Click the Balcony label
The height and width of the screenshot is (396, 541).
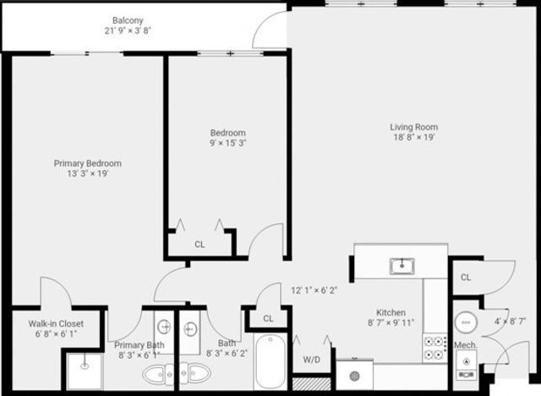pyautogui.click(x=130, y=20)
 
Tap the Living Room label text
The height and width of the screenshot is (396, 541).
pyautogui.click(x=413, y=127)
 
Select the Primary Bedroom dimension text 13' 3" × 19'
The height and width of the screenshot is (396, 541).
pyautogui.click(x=87, y=173)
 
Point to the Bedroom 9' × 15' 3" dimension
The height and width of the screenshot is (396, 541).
pyautogui.click(x=227, y=143)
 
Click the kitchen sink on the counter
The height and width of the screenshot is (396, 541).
pyautogui.click(x=402, y=267)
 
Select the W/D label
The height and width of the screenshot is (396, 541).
pyautogui.click(x=311, y=359)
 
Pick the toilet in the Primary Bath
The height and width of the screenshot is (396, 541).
pyautogui.click(x=153, y=373)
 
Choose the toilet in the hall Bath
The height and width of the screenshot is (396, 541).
pyautogui.click(x=199, y=372)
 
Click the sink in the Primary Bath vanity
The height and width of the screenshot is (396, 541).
pyautogui.click(x=164, y=327)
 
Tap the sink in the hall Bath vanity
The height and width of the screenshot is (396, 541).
pyautogui.click(x=189, y=327)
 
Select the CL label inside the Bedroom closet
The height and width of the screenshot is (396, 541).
pyautogui.click(x=199, y=244)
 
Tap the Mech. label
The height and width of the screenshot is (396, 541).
pyautogui.click(x=466, y=345)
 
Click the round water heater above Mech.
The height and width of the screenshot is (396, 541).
pyautogui.click(x=466, y=322)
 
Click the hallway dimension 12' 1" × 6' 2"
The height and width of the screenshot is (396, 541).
pyautogui.click(x=314, y=289)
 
